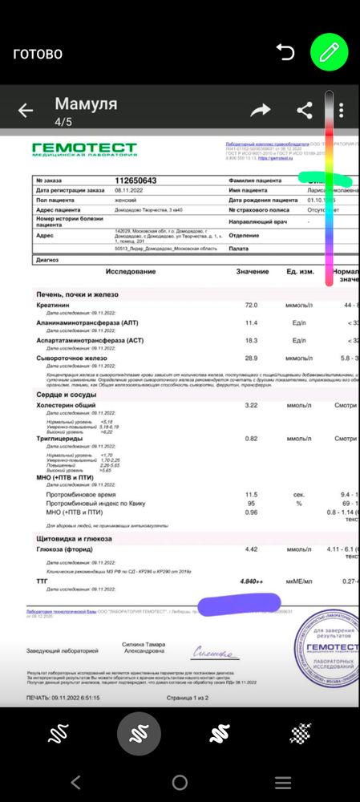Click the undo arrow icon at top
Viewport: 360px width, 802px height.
[285, 53]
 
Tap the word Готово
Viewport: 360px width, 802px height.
[37, 54]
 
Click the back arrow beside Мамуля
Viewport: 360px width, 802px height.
[26, 111]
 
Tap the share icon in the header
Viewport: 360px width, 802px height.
[305, 111]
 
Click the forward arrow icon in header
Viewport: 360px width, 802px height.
[261, 111]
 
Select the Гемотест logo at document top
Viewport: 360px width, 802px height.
[84, 149]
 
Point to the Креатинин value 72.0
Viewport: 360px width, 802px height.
[251, 306]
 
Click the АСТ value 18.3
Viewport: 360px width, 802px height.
[251, 340]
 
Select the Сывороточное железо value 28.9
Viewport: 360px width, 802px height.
[251, 358]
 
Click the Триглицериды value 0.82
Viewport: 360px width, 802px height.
[251, 439]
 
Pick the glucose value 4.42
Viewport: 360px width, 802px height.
[251, 549]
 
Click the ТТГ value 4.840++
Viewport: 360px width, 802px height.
[256, 581]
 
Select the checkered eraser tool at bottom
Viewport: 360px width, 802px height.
[301, 734]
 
